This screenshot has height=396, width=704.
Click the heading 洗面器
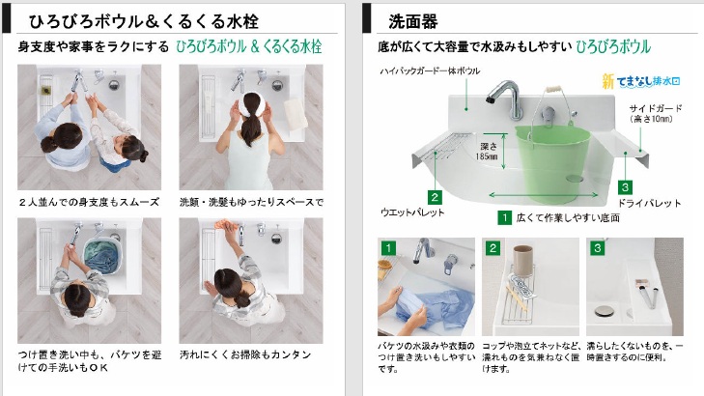(413, 21)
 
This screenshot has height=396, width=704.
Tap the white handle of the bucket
(553, 89)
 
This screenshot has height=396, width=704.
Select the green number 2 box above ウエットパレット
(435, 197)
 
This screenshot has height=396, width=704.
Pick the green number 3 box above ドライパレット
(625, 186)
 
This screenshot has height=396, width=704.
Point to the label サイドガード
(656, 108)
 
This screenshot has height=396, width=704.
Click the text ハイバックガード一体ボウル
(430, 71)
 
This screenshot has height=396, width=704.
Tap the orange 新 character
(608, 81)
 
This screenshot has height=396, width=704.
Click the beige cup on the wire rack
(522, 261)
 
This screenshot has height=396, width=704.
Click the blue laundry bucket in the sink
(102, 257)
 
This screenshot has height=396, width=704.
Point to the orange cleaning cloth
(226, 224)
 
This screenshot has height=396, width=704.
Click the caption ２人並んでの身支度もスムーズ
(89, 202)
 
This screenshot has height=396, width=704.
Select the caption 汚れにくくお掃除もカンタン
(245, 354)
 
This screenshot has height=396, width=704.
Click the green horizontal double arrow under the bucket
(544, 195)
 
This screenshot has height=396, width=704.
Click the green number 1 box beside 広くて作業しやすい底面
(505, 217)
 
